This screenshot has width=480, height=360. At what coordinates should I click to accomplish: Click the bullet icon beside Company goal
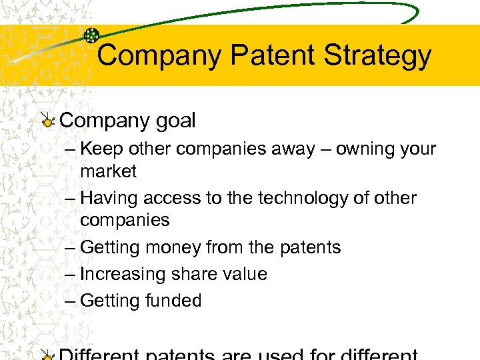(47, 121)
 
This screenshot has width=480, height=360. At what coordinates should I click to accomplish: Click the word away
(293, 149)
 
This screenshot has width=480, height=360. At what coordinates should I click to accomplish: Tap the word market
(108, 171)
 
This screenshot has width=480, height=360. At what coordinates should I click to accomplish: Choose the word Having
(107, 198)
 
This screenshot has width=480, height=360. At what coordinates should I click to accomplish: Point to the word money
(167, 247)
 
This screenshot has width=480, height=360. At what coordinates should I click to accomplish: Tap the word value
(245, 274)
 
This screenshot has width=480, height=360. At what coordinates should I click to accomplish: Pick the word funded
(173, 301)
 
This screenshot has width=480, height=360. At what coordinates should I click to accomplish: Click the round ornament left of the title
(92, 36)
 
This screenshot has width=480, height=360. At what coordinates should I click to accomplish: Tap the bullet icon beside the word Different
(47, 354)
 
